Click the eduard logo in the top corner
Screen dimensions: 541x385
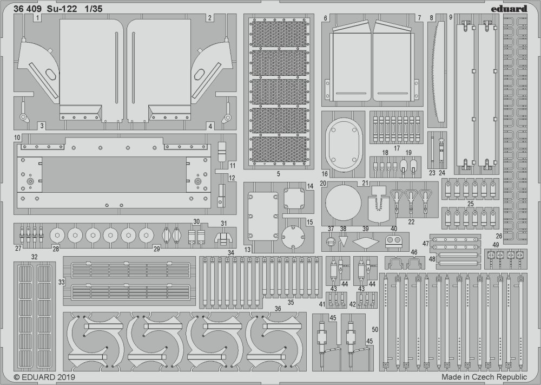pyautogui.click(x=510, y=8)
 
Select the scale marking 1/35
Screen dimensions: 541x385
pyautogui.click(x=93, y=9)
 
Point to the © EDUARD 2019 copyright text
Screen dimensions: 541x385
pyautogui.click(x=44, y=377)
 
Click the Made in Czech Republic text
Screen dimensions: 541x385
pyautogui.click(x=484, y=377)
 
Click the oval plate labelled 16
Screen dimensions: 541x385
pyautogui.click(x=344, y=145)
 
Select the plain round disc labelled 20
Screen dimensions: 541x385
pyautogui.click(x=344, y=203)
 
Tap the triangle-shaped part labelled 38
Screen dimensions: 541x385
pyautogui.click(x=344, y=240)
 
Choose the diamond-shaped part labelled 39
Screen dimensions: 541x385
pyautogui.click(x=366, y=242)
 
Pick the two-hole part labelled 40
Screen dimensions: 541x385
pyautogui.click(x=394, y=240)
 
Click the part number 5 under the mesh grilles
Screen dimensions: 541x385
pyautogui.click(x=279, y=174)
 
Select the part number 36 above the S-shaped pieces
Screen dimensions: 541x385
pyautogui.click(x=278, y=309)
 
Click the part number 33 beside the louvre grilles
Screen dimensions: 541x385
pyautogui.click(x=61, y=282)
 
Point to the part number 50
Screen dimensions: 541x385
pyautogui.click(x=375, y=330)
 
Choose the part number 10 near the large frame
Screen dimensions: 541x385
pyautogui.click(x=17, y=138)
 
